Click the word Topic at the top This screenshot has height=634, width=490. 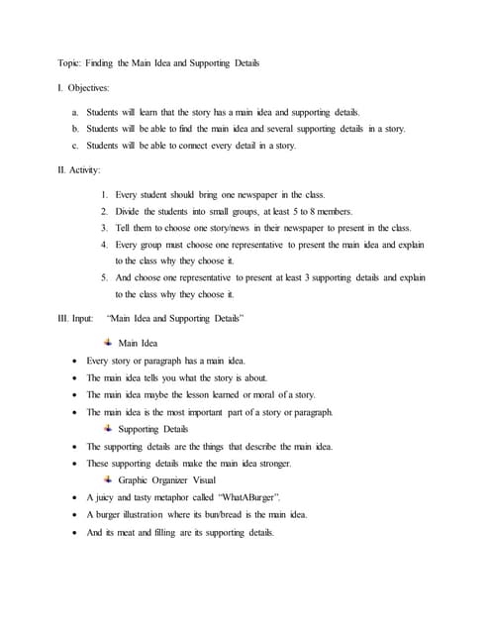click(69, 62)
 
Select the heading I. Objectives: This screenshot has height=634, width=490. click(85, 88)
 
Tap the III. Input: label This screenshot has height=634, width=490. click(77, 319)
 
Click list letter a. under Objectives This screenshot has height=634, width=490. click(76, 112)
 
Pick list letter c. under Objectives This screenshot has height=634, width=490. click(76, 146)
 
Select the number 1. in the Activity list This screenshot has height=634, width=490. click(104, 195)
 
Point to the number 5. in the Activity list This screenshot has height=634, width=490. click(104, 278)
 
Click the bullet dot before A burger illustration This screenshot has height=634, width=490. click(77, 515)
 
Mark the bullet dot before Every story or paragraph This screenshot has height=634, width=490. click(77, 361)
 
